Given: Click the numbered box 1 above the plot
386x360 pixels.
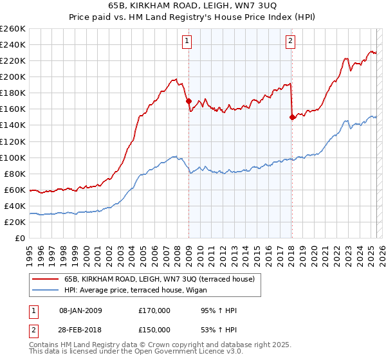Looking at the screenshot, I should [x=187, y=42].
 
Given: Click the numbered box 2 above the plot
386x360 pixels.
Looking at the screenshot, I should [x=290, y=42].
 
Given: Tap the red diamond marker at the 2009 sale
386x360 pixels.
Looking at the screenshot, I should [x=188, y=101].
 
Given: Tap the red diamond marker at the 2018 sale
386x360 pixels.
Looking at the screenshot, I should [x=292, y=117].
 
